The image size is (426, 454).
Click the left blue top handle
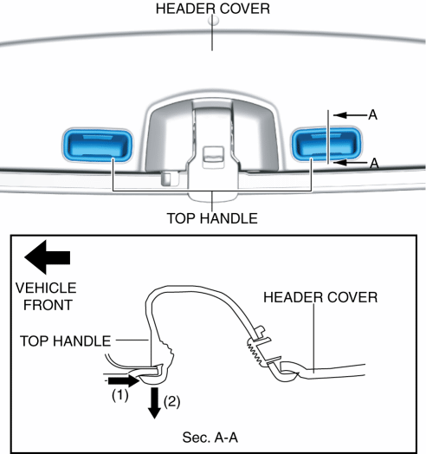pos(97,145)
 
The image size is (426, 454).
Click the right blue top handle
pos(326,143)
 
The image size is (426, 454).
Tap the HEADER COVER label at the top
pos(213,9)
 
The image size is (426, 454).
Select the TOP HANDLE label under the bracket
pos(212,218)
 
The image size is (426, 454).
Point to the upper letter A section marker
pos(372,115)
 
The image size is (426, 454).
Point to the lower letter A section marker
pos(374,163)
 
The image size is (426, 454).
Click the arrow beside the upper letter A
pos(350,115)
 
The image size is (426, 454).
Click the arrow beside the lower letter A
pos(351,162)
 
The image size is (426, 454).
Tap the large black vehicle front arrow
pos(48,257)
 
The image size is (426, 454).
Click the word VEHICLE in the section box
pos(46,289)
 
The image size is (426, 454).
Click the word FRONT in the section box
pos(48,305)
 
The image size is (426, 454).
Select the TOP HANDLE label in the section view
pos(66,341)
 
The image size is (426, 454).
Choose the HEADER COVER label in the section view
pos(320,297)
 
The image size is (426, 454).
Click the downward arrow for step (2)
pos(154,403)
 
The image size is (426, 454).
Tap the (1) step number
pos(120,395)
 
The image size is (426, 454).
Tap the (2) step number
pos(172,402)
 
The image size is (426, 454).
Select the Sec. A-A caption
pos(210,438)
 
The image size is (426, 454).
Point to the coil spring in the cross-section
pos(255,352)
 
